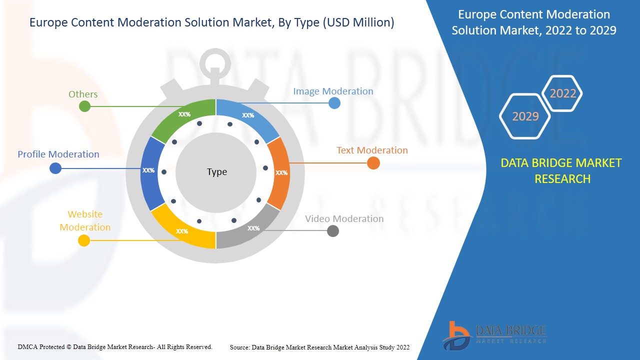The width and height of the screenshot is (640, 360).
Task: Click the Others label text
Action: [x=83, y=94]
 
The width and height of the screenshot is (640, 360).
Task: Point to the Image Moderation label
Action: [x=333, y=91]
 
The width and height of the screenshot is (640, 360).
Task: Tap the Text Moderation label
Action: [x=372, y=150]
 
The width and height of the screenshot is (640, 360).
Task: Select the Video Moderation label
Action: [x=344, y=218]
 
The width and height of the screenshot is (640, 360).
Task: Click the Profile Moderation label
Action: [x=58, y=154]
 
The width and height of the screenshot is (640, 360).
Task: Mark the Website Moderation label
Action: [x=85, y=220]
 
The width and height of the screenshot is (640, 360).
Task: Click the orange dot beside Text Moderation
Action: [x=373, y=163]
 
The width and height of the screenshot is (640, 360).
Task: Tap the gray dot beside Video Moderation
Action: [x=332, y=231]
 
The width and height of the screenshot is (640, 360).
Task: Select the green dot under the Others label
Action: [x=85, y=106]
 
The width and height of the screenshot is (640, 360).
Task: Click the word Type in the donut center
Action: [x=216, y=172]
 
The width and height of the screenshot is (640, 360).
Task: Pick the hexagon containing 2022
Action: [x=562, y=93]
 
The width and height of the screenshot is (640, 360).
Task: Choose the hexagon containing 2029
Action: [x=525, y=116]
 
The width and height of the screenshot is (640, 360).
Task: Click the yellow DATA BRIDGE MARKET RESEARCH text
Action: [x=562, y=170]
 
